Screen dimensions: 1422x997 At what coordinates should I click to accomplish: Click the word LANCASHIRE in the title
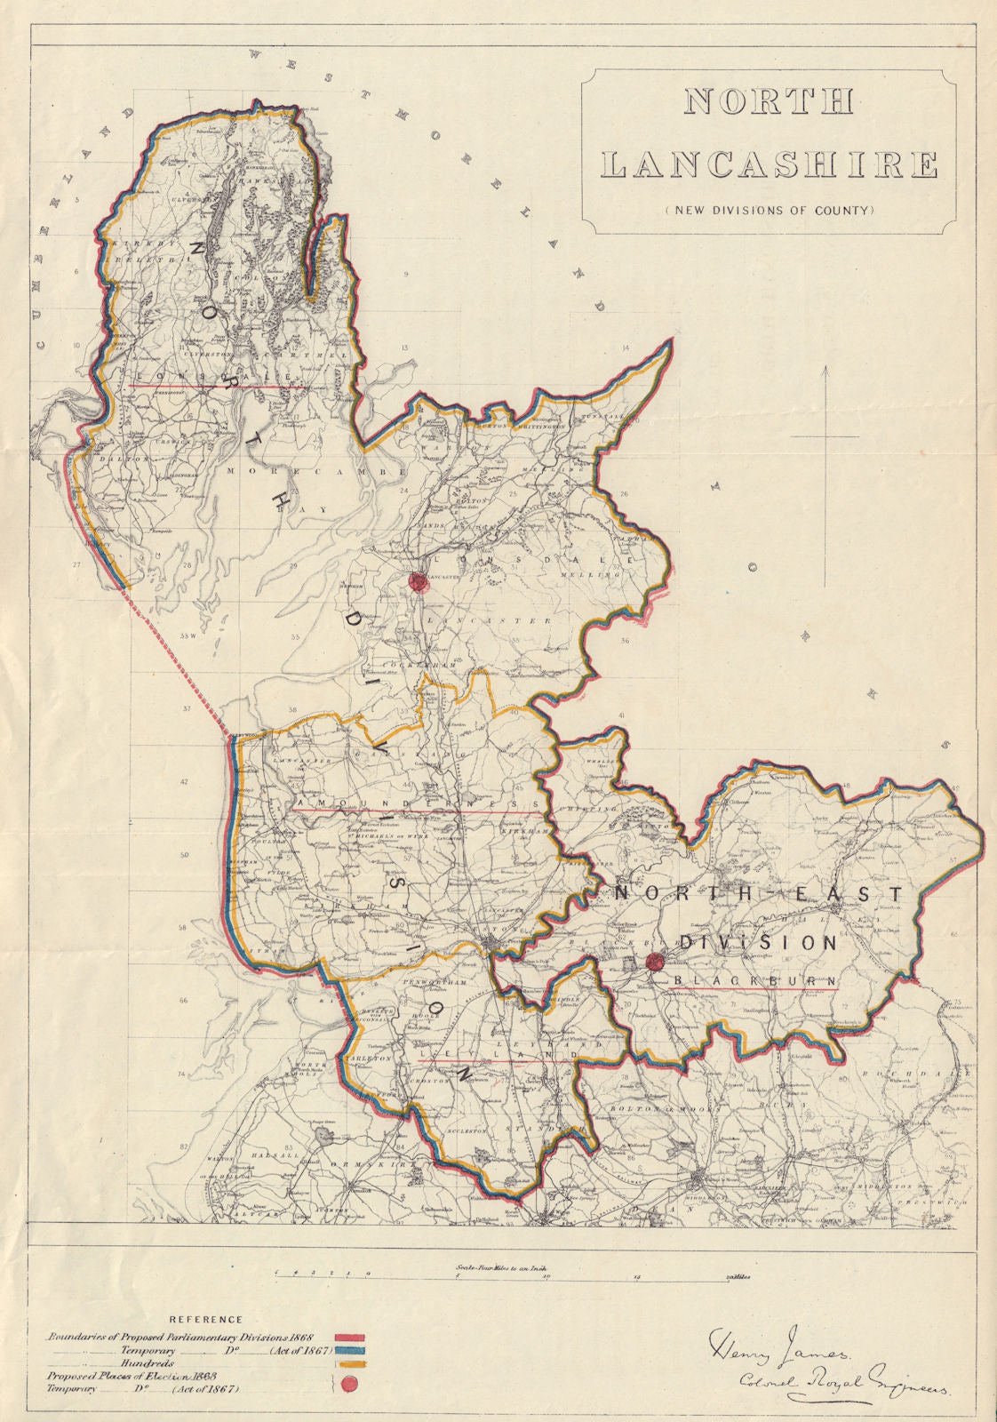pyautogui.click(x=770, y=165)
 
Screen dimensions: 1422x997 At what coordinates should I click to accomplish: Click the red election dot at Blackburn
pyautogui.click(x=656, y=961)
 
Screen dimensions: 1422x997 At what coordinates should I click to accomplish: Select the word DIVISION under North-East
pyautogui.click(x=760, y=943)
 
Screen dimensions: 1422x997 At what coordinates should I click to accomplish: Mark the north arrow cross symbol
pyautogui.click(x=826, y=437)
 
